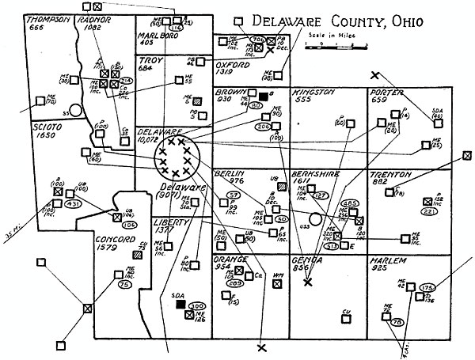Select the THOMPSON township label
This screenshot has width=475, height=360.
[x=47, y=19]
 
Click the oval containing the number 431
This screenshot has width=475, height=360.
[x=74, y=205]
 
